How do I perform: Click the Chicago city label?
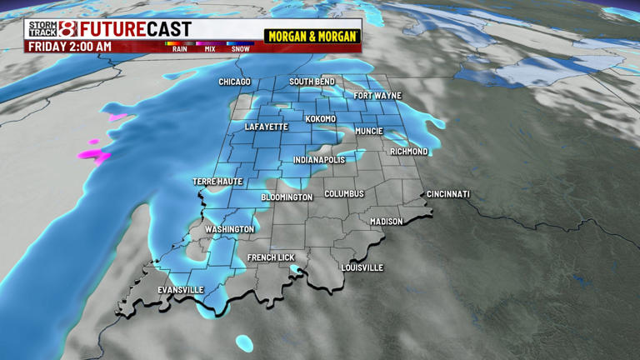pos(234,82)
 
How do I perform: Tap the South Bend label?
pos(312,82)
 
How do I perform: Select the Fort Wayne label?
pos(377,96)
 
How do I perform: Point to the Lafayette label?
pos(267,127)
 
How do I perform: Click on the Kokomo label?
pos(321,119)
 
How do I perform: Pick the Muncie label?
pos(368,131)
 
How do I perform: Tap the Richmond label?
pos(409,152)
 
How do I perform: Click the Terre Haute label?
pos(217,181)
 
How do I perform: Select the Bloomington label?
pos(287,197)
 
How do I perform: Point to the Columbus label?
pos(344,193)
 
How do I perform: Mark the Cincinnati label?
pos(448,194)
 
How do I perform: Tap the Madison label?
pos(387,222)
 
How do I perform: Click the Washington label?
pos(229,229)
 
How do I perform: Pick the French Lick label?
pos(271,257)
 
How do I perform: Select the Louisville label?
pos(362,267)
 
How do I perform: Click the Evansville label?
pos(181,289)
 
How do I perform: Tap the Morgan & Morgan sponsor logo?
pos(312,37)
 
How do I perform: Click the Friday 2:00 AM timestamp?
pos(70,47)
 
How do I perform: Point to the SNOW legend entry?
pos(240,48)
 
